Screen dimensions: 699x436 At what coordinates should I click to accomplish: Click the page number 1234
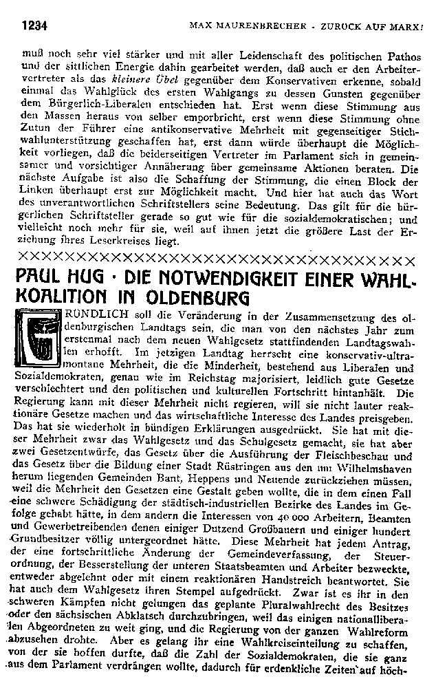tap(33, 27)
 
